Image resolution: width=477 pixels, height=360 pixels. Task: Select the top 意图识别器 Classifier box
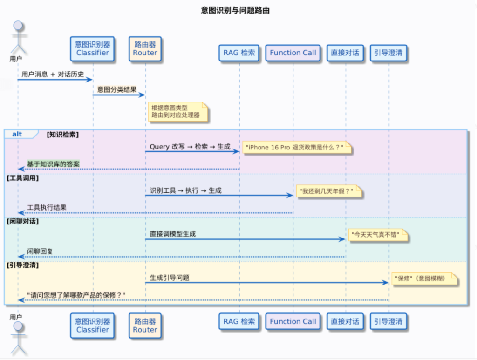pyautogui.click(x=92, y=49)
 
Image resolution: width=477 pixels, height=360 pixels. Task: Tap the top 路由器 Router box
pyautogui.click(x=145, y=49)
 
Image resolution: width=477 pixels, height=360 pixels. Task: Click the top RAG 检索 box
pyautogui.click(x=239, y=53)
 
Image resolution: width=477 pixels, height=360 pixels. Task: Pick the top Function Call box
pyautogui.click(x=293, y=53)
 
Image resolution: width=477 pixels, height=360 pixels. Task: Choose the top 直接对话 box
pyautogui.click(x=345, y=53)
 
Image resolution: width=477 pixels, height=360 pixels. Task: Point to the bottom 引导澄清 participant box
pyautogui.click(x=388, y=321)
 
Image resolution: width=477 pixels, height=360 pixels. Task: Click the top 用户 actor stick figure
pyautogui.click(x=18, y=37)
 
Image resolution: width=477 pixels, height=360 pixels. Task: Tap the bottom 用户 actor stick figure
pyautogui.click(x=18, y=338)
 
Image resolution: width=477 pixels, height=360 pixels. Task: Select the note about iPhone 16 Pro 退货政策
pyautogui.click(x=295, y=148)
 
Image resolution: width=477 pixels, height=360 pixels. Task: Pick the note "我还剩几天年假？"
pyautogui.click(x=329, y=191)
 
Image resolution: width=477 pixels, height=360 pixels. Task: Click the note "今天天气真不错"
pyautogui.click(x=378, y=235)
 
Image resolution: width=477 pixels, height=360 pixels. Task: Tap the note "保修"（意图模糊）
pyautogui.click(x=422, y=278)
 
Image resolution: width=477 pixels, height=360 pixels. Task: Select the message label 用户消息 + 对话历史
pyautogui.click(x=53, y=75)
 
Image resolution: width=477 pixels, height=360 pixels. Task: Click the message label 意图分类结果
pyautogui.click(x=117, y=90)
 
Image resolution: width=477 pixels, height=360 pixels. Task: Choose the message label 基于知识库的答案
pyautogui.click(x=53, y=164)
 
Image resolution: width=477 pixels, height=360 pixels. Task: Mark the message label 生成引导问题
pyautogui.click(x=170, y=278)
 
